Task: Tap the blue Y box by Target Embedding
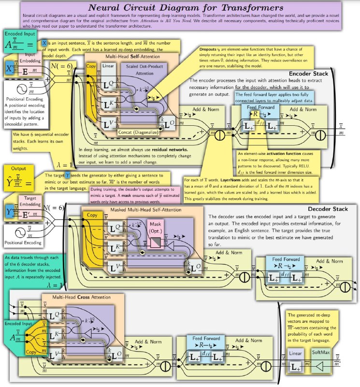point(9,211)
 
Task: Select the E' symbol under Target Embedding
point(26,211)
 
